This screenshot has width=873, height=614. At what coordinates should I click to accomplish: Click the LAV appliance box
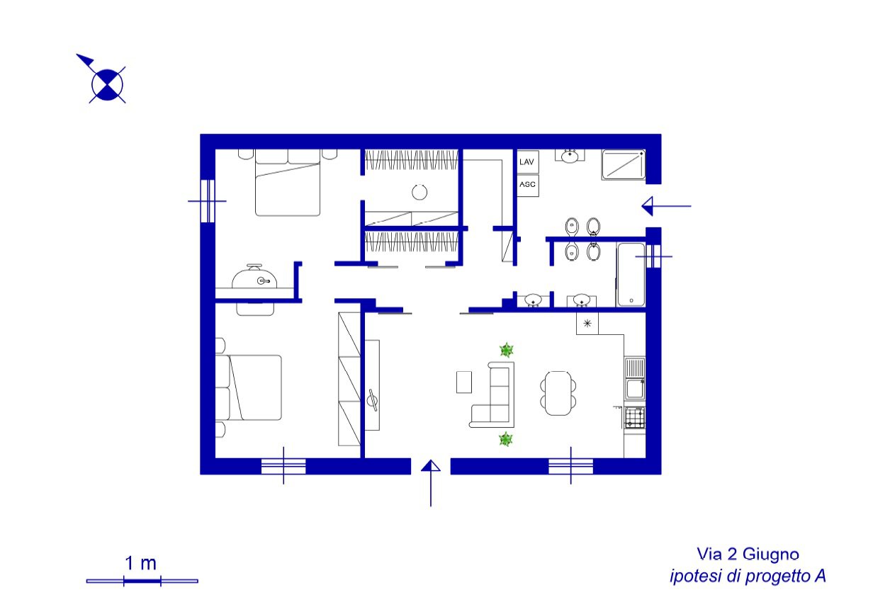pos(528,161)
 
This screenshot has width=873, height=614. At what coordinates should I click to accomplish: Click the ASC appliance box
pos(528,186)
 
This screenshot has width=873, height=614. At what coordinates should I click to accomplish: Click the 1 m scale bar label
pos(141,563)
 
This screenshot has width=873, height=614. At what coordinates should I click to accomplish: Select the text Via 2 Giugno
pos(748,554)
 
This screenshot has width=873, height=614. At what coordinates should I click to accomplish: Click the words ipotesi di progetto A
pos(748,576)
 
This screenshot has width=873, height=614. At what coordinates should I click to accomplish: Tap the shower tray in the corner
pos(624,165)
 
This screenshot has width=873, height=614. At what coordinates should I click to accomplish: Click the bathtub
pos(631,275)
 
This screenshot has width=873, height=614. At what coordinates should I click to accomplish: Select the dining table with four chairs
pos(558,393)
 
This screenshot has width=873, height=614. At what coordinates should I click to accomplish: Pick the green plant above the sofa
pos(506,350)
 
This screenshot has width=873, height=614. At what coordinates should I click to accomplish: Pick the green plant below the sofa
pos(506,439)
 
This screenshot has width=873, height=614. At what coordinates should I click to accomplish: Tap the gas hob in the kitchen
pos(635,418)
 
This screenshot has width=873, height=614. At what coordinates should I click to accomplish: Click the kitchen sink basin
pos(635,389)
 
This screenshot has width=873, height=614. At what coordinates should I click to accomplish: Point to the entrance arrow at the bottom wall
pos(431,483)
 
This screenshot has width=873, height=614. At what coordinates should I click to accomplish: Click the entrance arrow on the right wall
pos(666,206)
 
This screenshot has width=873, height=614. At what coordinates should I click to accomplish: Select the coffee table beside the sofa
pos(463,382)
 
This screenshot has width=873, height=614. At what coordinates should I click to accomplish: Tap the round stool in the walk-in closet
pos(419,192)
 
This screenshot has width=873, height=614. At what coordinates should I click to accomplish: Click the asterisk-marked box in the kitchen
pos(587,324)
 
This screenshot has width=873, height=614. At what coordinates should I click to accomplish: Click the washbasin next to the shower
pos(570,156)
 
